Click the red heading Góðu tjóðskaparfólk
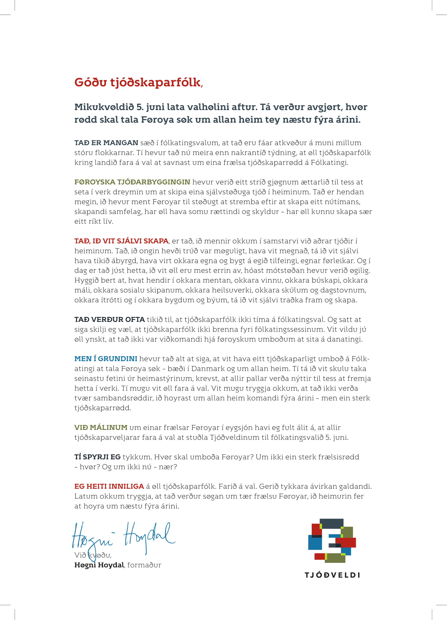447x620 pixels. point(138,82)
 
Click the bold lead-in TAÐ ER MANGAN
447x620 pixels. point(106,143)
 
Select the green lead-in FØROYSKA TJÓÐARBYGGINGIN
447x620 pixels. point(132,182)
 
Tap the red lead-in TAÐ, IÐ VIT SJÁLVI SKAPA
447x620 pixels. point(121,241)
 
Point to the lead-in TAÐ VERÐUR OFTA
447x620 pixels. point(109,320)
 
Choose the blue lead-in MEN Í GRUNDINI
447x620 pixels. point(106,359)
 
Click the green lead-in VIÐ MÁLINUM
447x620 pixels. point(101,428)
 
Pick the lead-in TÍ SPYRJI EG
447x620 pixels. point(97,457)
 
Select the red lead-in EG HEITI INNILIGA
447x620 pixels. point(109,486)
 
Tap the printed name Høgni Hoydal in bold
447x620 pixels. point(99,565)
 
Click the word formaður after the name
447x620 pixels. point(144,565)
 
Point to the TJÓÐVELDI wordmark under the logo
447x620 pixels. point(332,575)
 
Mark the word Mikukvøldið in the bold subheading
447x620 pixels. point(104,107)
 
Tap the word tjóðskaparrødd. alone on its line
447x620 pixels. point(102,408)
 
